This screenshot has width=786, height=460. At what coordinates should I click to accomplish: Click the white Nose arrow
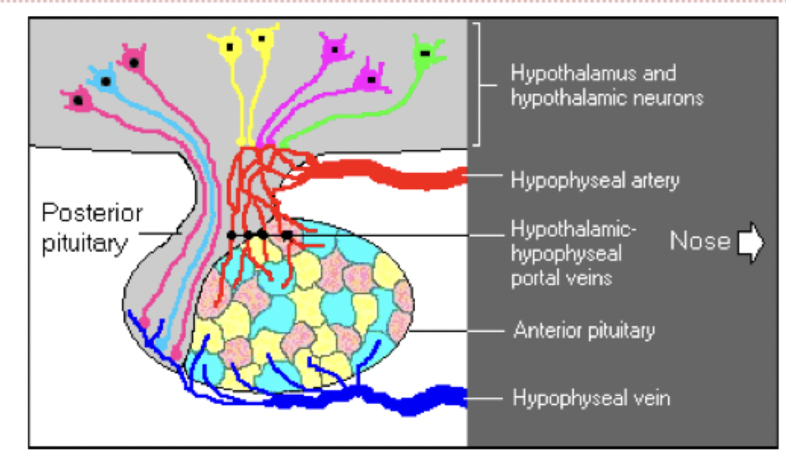750,243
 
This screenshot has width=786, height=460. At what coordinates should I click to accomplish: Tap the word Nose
700,242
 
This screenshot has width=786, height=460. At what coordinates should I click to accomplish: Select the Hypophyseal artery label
595,181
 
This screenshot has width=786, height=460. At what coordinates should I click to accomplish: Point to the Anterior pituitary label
584,330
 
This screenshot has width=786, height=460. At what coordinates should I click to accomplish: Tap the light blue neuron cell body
105,80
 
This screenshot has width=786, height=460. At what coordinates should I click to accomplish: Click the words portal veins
561,278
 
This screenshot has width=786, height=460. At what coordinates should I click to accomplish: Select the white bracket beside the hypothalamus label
478,83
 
